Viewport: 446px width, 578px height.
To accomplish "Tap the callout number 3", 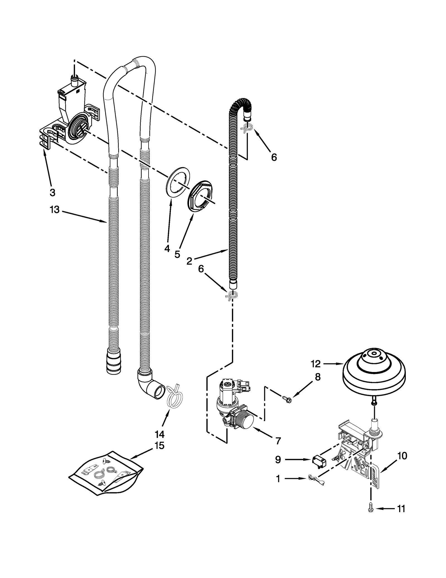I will [x=52, y=192].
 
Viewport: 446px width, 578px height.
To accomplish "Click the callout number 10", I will [x=402, y=456].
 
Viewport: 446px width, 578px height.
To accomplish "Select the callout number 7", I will [x=278, y=441].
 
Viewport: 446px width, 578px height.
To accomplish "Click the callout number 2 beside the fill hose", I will [x=189, y=261].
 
